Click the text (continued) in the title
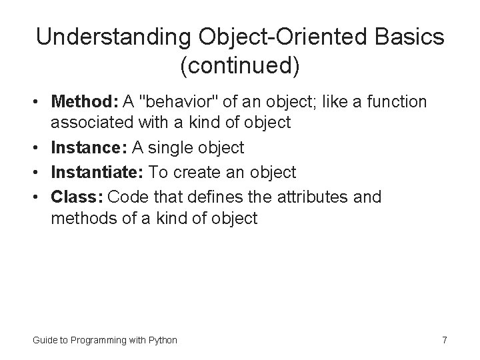coord(239,67)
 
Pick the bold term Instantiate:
coord(97,172)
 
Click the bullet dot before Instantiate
coord(37,173)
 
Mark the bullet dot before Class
coord(37,197)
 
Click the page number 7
coord(444,340)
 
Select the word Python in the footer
coord(162,340)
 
